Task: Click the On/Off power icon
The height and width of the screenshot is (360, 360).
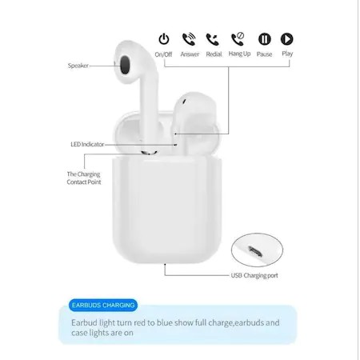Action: click(x=164, y=38)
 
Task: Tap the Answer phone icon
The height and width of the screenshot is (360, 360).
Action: click(x=189, y=38)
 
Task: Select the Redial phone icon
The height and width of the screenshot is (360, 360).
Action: click(x=213, y=38)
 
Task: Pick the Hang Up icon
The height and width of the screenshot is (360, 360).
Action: click(x=238, y=38)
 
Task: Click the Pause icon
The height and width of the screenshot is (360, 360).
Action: click(x=263, y=38)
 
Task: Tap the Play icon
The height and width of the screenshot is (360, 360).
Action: click(x=286, y=38)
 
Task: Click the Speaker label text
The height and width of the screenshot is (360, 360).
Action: click(x=78, y=66)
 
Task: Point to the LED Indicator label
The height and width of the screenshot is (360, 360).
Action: click(x=86, y=144)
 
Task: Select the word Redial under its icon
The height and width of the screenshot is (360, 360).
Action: click(x=213, y=54)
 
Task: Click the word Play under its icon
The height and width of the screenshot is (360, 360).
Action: click(x=286, y=54)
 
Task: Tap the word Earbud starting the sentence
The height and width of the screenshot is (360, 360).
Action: click(x=86, y=324)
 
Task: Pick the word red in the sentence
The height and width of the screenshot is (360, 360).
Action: click(x=147, y=324)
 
